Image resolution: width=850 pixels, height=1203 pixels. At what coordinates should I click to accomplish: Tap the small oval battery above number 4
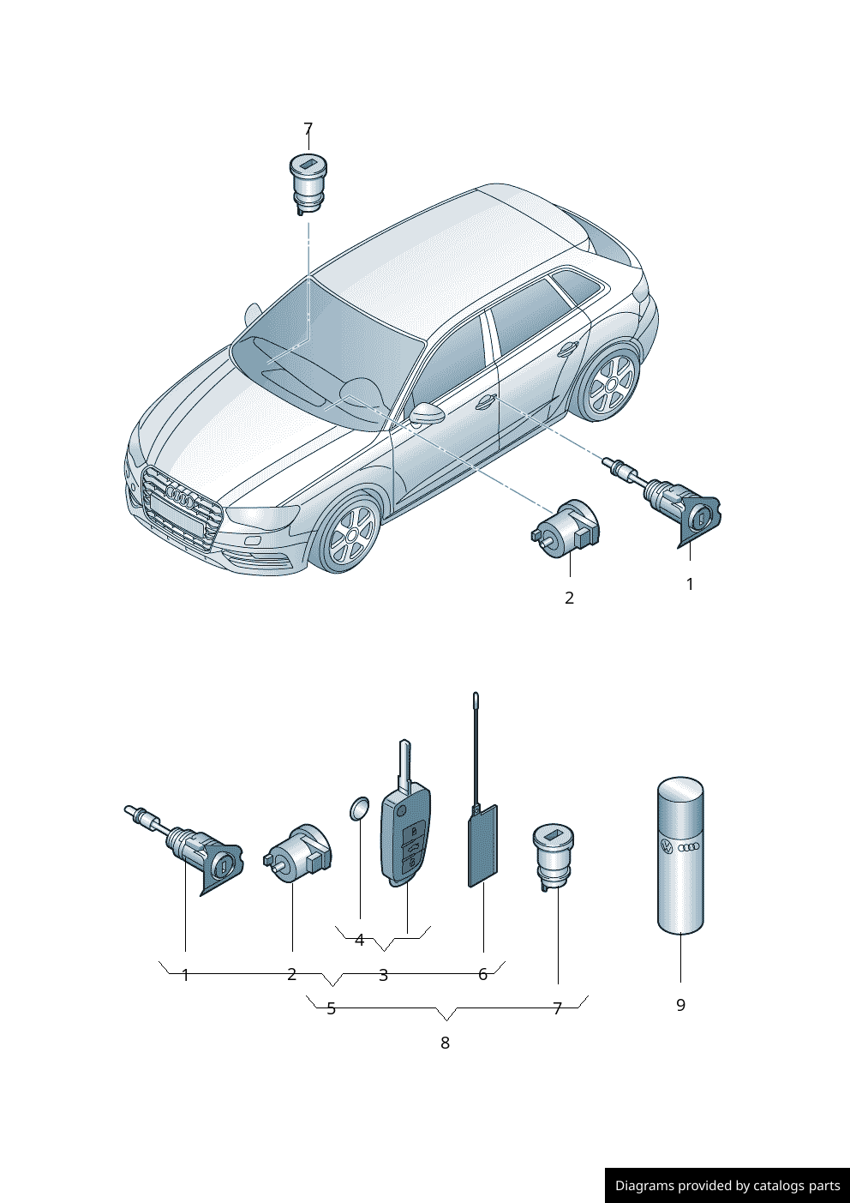coord(359,808)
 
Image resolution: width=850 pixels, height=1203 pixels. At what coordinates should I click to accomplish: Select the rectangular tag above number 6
coord(483,845)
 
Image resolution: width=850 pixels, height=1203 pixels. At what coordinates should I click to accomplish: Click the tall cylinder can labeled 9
coord(680,855)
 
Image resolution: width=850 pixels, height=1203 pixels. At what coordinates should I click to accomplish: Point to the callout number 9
coord(680,1005)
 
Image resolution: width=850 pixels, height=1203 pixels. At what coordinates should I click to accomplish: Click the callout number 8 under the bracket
coord(445,1043)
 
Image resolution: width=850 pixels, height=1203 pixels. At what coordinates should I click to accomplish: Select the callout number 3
coord(383,975)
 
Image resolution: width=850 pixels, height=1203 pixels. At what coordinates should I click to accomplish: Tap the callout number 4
coord(359,940)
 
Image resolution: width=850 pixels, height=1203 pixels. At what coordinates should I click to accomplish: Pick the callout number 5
coord(331,1008)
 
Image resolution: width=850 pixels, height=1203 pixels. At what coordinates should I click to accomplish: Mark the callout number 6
coord(482,974)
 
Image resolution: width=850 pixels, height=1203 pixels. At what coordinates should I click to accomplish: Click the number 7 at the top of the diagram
coord(308,129)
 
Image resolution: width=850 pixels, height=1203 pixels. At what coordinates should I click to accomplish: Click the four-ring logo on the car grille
coord(182,496)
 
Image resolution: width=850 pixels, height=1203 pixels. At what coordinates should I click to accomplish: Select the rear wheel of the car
coord(611,384)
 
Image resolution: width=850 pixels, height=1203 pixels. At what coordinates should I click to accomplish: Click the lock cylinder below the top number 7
coord(308,183)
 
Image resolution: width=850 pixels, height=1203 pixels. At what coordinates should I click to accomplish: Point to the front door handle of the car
coord(486,400)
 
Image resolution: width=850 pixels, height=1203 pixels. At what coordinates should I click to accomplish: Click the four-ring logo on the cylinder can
coord(689,848)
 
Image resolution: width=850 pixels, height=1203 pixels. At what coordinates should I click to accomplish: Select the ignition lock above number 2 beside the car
coord(566,527)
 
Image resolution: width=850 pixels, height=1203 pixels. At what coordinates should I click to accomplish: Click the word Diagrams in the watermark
coord(644,1186)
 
